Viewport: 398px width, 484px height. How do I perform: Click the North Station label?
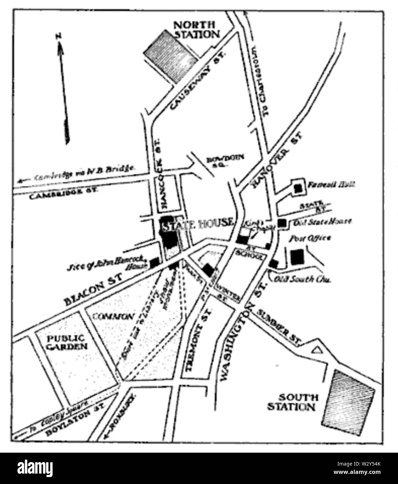[197, 30]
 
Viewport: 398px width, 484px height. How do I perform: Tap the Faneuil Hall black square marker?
[298, 188]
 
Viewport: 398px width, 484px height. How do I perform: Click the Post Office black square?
[297, 257]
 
